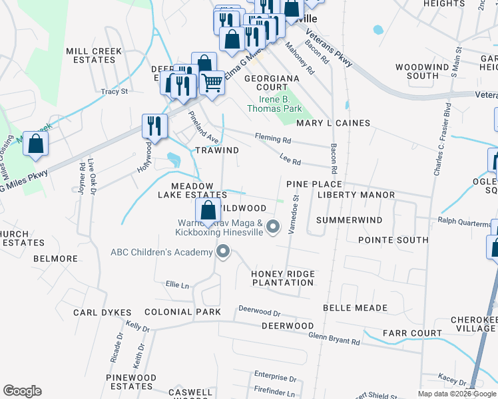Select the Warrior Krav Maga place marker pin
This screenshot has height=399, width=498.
point(272,228)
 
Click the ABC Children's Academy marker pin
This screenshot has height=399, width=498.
point(223,252)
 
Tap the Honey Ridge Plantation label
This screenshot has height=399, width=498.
point(282,278)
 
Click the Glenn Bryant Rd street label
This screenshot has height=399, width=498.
point(334,338)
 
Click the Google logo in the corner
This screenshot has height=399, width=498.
point(22,391)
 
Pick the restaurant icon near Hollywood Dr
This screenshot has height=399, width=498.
point(154,126)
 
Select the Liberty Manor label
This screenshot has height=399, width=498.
point(356,195)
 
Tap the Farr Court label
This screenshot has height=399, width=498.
point(412,333)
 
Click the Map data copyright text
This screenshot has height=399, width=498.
point(456,394)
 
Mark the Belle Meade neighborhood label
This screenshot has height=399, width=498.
point(355,308)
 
